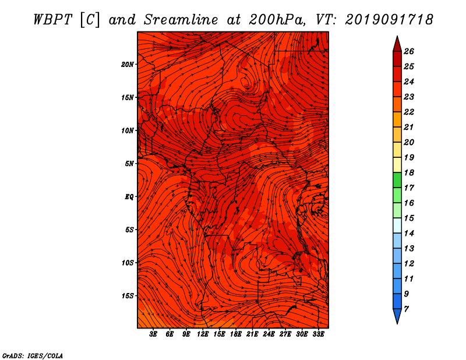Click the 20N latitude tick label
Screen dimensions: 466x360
coord(127,65)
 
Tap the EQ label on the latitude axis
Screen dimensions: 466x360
coord(129,197)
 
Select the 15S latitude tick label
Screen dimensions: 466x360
coord(128,296)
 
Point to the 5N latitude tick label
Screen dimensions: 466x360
coord(129,164)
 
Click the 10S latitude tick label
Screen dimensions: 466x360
coord(128,263)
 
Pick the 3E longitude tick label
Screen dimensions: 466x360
coord(153,334)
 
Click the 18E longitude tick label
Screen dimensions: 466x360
coord(236,334)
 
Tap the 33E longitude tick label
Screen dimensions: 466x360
coord(318,334)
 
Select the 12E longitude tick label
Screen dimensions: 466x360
coord(203,334)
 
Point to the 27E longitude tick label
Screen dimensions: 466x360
coord(285,334)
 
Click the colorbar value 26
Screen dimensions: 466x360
coord(409,51)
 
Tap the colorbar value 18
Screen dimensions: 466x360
coord(409,172)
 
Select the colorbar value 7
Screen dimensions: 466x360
coord(406,309)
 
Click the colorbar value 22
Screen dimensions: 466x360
coord(409,112)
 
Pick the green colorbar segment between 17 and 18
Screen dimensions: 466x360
coord(397,180)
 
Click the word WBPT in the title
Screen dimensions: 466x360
coord(52,20)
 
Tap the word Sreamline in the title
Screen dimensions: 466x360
coord(181,20)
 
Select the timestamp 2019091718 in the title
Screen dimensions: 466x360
coord(389,20)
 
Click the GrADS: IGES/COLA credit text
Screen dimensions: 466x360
coord(33,356)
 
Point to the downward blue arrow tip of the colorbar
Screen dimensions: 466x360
coord(397,323)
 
